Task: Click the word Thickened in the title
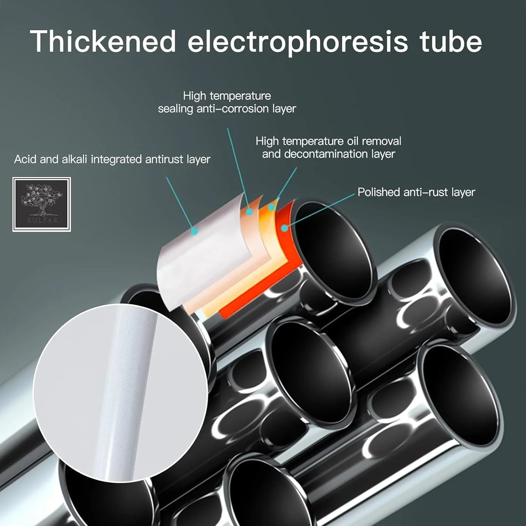[103, 41]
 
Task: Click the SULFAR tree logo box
[42, 204]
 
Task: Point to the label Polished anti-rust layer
[416, 192]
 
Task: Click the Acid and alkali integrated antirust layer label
[112, 160]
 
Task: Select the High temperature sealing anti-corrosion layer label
[227, 102]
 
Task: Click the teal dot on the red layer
[285, 228]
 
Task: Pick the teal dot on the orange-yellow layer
[271, 208]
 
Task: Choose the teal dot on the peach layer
[249, 212]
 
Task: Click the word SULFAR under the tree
[43, 221]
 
